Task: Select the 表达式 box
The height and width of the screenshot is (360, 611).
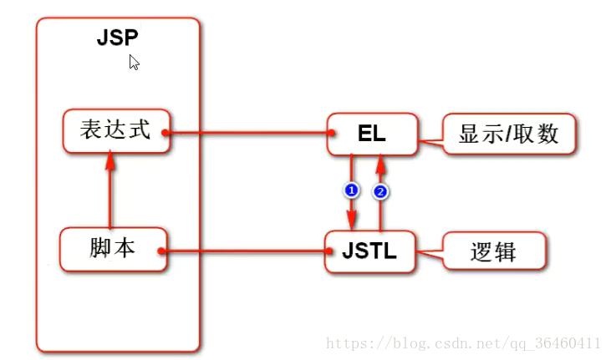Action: coord(115,131)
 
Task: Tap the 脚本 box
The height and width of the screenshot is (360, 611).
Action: coord(114,249)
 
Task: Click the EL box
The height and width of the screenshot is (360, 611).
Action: coord(372,133)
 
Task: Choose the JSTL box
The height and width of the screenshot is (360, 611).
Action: coord(369,250)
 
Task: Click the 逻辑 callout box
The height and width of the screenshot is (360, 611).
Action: coord(494,251)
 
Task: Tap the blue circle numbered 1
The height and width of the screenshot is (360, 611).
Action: coord(351,191)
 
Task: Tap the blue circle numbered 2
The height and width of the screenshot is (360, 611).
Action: coord(381,191)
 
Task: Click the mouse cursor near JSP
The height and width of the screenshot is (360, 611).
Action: coord(133,61)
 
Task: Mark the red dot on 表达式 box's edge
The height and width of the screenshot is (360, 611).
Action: coord(166,133)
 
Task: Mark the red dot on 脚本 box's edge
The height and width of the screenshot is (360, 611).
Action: coord(161,250)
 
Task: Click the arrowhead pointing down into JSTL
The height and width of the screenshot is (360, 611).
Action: coord(351,221)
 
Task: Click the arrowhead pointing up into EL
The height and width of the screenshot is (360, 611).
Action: coord(381,161)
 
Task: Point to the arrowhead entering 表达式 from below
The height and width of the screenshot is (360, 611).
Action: coord(110,161)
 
